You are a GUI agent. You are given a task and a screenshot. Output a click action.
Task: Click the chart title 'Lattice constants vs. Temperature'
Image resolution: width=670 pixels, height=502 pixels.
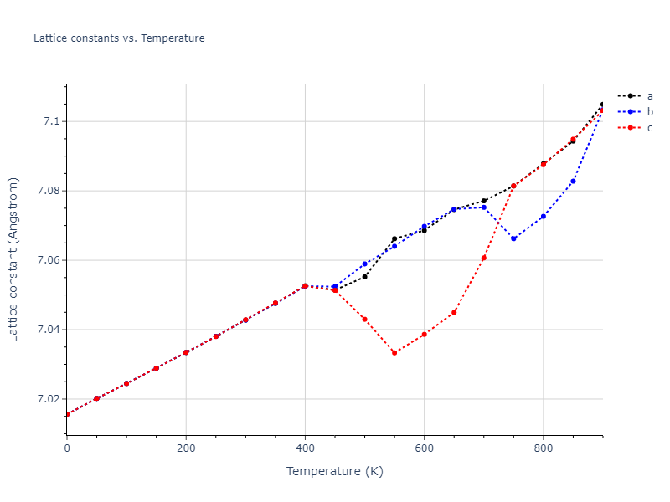click(x=119, y=38)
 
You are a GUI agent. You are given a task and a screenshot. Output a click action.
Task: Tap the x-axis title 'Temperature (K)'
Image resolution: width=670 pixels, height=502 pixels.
click(x=334, y=471)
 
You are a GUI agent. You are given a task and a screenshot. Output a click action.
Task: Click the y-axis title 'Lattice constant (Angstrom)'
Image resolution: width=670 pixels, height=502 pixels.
click(x=13, y=259)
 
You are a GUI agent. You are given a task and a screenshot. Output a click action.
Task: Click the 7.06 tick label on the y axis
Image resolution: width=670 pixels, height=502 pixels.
click(x=46, y=260)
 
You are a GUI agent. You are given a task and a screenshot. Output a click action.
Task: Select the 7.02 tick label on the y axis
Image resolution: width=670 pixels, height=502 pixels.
click(x=46, y=399)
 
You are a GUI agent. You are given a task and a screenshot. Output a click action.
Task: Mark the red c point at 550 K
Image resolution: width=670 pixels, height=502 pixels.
click(x=394, y=352)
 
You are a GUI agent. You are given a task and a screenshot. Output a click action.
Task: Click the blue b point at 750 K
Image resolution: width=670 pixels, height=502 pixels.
click(x=513, y=238)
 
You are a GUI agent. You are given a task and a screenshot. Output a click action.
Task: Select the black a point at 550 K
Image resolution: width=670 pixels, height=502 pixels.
click(x=394, y=238)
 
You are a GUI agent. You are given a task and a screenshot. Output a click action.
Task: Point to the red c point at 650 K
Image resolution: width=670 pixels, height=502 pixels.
click(x=454, y=312)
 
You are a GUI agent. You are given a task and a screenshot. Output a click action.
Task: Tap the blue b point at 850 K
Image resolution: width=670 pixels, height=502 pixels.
click(x=573, y=181)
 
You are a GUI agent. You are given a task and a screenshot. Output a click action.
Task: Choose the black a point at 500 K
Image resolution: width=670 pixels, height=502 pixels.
click(x=364, y=276)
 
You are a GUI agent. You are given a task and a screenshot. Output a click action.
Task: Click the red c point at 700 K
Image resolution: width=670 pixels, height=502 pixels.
click(x=484, y=258)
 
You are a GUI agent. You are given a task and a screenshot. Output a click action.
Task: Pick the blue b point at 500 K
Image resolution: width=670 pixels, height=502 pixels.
click(x=364, y=264)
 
